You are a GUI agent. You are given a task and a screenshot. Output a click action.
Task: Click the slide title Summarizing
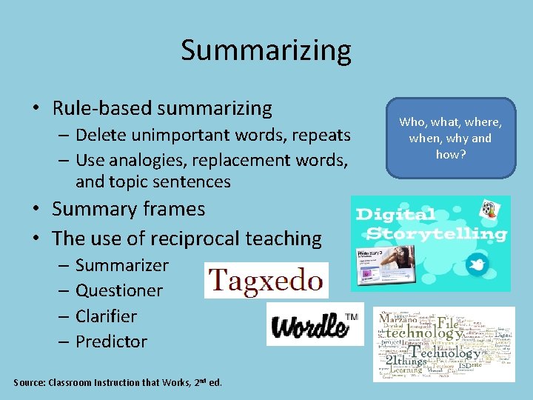[x=266, y=50]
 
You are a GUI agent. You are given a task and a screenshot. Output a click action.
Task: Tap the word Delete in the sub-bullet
[x=101, y=136]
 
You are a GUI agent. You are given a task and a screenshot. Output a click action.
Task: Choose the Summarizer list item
[x=121, y=265]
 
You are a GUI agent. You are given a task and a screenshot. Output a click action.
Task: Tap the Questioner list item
[x=118, y=290]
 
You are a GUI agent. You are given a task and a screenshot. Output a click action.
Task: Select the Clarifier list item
[x=106, y=316]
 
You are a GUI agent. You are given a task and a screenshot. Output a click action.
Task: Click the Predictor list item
[x=111, y=341]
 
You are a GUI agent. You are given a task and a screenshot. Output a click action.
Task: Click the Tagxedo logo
[x=266, y=281]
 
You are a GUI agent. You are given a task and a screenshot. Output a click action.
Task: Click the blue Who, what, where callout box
[x=450, y=138]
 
